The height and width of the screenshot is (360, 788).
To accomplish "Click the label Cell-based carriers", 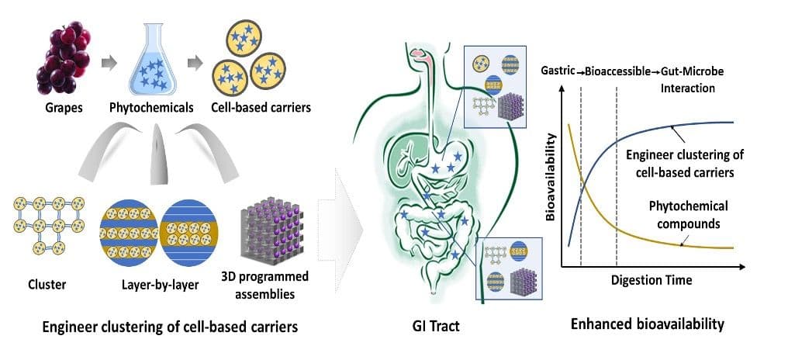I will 261,108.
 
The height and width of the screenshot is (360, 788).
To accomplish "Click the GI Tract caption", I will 435,327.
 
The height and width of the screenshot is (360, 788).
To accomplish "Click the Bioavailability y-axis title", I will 551,177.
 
